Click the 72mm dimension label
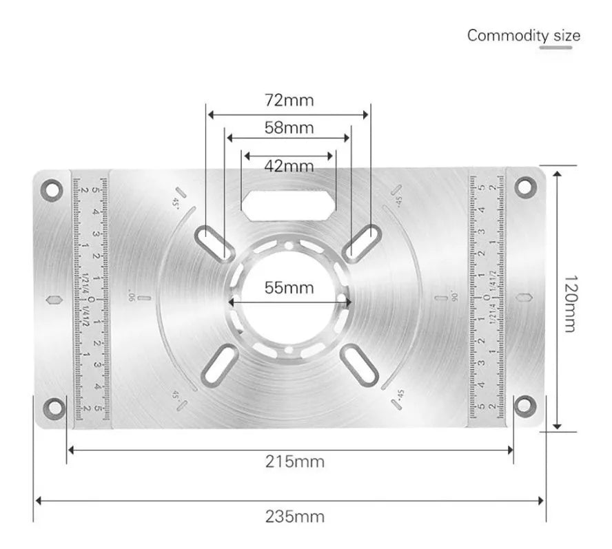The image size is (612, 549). click(289, 101)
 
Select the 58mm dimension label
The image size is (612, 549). click(289, 127)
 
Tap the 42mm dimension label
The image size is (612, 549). click(289, 166)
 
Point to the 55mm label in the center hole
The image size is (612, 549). click(289, 287)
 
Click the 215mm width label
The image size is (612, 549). click(295, 462)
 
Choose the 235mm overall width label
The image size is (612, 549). click(295, 515)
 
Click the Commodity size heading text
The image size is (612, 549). click(523, 35)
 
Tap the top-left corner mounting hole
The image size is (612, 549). click(50, 187)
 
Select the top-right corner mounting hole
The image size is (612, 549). click(524, 185)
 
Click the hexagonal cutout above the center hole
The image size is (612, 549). click(287, 202)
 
